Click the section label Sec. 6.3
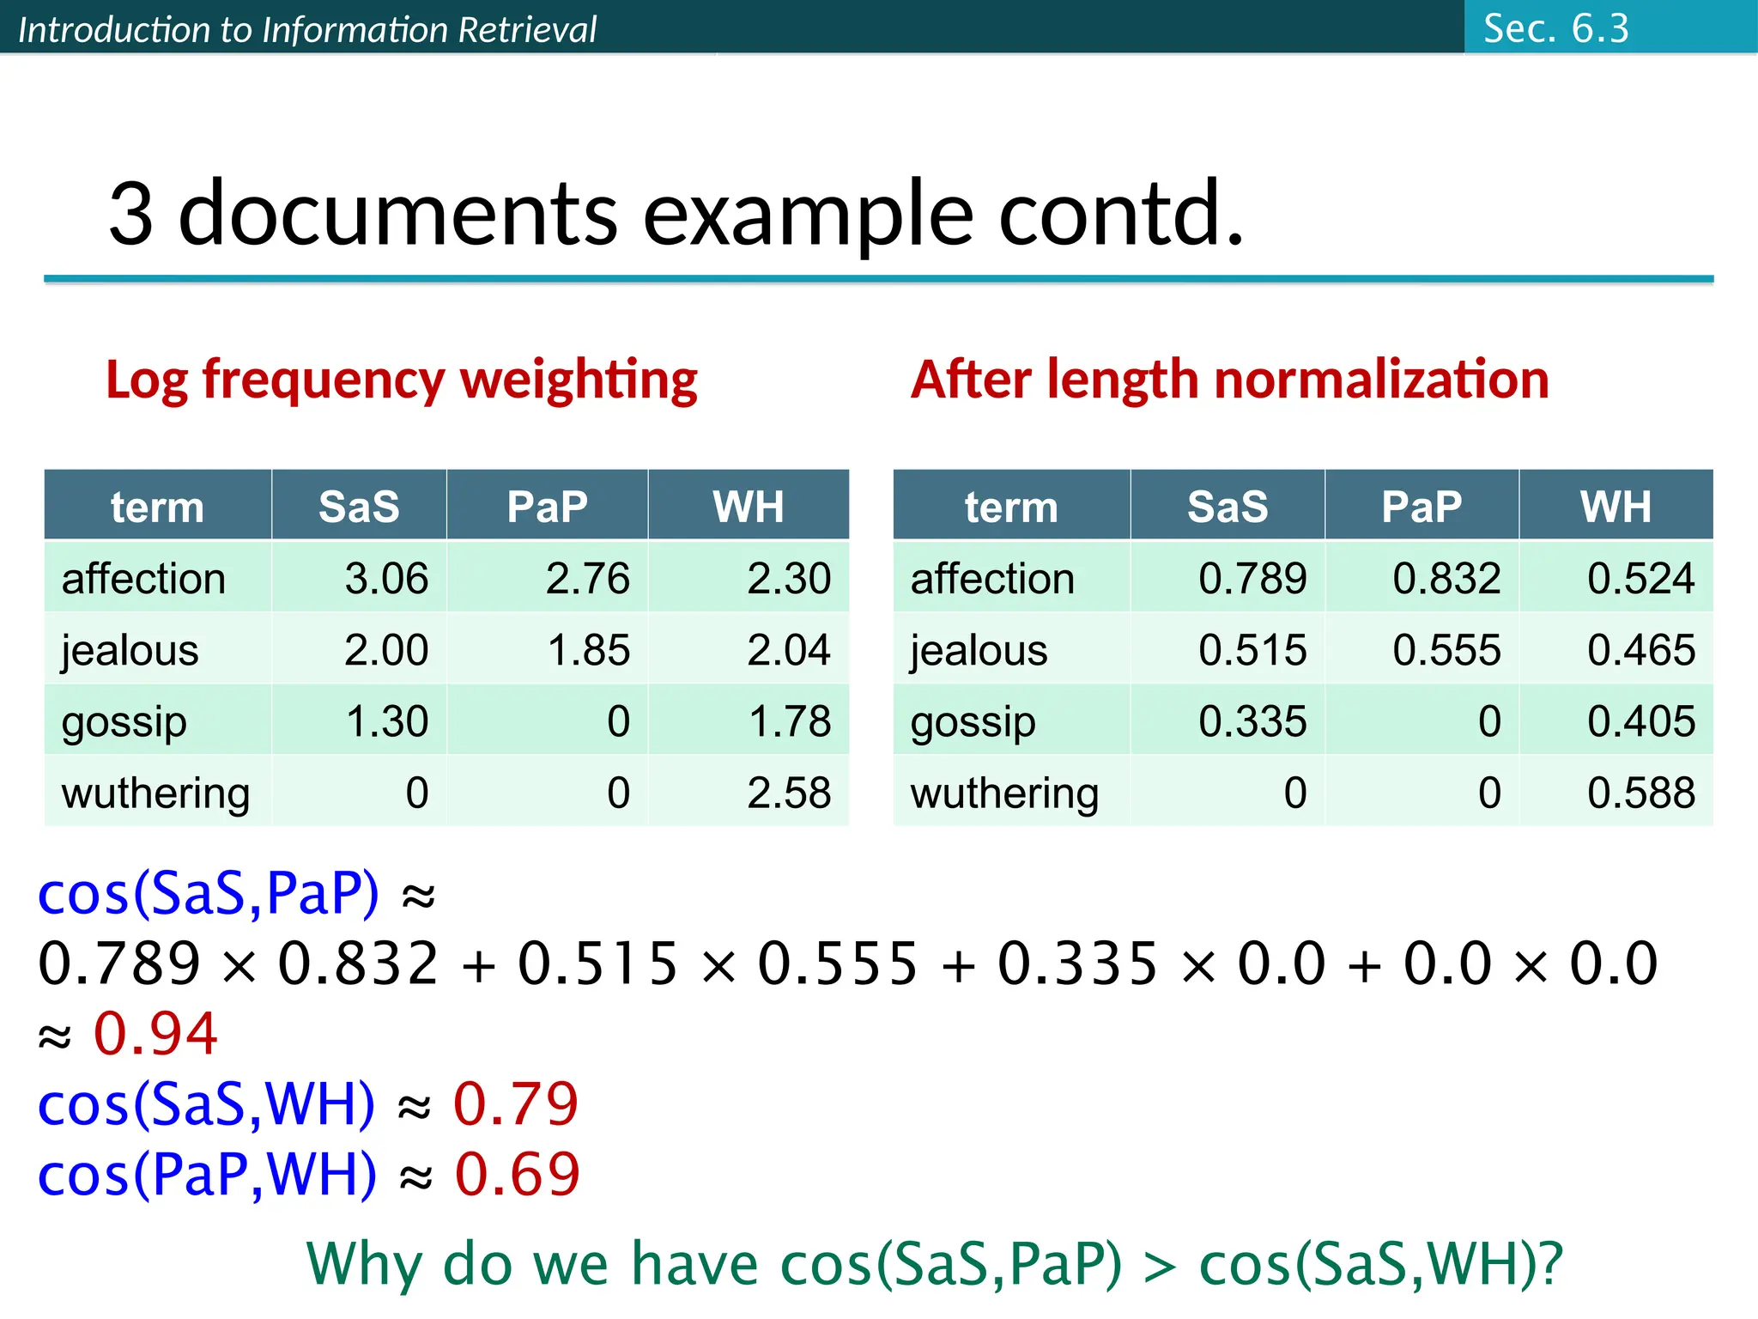coord(1555,28)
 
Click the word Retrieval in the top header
coord(526,30)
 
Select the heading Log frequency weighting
coord(401,380)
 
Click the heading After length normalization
coord(1229,380)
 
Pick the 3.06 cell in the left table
coord(386,578)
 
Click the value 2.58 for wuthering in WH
coord(788,793)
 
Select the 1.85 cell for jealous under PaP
coord(588,650)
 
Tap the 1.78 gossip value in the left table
coord(790,721)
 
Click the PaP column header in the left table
coord(547,506)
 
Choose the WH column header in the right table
coord(1616,506)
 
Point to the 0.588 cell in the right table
coord(1640,793)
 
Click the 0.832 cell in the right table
coord(1446,578)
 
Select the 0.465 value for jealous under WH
coord(1640,650)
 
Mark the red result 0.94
coord(155,1033)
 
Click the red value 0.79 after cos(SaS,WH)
coord(516,1103)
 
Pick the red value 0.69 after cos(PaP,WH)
coord(518,1174)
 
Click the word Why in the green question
coord(364,1264)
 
